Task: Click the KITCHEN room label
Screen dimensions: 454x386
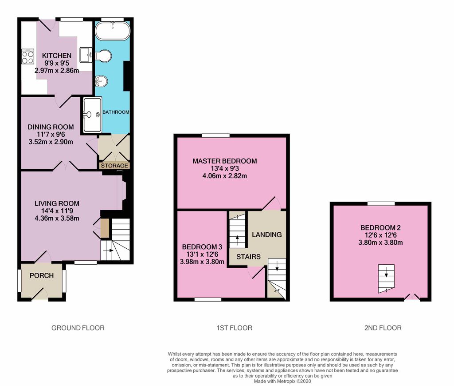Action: [x=57, y=56]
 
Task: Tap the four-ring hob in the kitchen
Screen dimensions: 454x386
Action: [x=28, y=56]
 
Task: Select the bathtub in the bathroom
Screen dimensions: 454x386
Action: [x=113, y=31]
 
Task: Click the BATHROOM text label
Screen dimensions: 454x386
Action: [x=116, y=112]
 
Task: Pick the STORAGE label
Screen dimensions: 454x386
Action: [x=114, y=166]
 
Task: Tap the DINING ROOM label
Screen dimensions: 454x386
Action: [x=51, y=127]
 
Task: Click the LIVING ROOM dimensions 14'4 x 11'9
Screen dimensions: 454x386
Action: [x=57, y=211]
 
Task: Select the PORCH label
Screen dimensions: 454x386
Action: [x=42, y=275]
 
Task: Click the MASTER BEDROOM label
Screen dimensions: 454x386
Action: [x=225, y=161]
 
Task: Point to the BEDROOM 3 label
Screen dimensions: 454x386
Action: [x=202, y=247]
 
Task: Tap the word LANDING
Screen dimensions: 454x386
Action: [x=266, y=235]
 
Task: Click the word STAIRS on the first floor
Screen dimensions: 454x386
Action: [x=248, y=257]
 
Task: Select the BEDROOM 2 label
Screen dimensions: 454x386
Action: [x=380, y=228]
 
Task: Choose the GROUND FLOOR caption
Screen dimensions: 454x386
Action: [x=78, y=328]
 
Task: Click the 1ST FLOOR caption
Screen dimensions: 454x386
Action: [x=234, y=328]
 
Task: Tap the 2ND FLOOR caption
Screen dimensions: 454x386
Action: [x=383, y=328]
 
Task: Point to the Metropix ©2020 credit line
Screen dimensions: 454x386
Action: [x=282, y=381]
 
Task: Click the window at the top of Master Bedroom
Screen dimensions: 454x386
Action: [x=216, y=135]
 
